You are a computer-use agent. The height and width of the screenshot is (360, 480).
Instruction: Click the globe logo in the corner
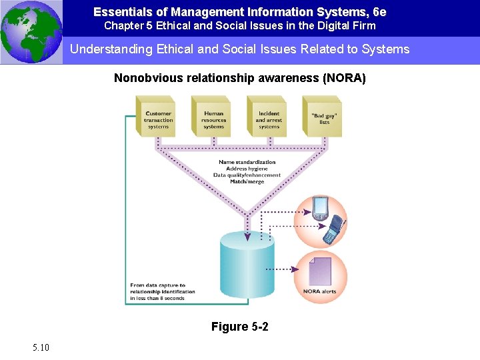[x=31, y=31]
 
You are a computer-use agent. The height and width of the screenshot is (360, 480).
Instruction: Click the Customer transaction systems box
[x=158, y=118]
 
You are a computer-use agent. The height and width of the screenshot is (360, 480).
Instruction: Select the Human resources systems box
[x=213, y=118]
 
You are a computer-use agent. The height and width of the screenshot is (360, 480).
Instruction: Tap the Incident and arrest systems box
[x=269, y=118]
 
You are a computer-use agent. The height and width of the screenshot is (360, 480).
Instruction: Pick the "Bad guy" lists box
[x=324, y=118]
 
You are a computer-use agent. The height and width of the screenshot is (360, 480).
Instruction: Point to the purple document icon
[x=321, y=271]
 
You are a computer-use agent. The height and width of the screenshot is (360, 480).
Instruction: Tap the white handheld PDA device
[x=320, y=207]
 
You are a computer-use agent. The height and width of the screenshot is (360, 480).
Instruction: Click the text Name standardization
[x=247, y=162]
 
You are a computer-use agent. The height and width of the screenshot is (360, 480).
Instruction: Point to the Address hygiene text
[x=247, y=169]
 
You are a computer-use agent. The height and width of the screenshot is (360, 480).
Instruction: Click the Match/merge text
[x=247, y=181]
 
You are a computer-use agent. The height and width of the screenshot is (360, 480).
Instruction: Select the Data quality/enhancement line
[x=247, y=175]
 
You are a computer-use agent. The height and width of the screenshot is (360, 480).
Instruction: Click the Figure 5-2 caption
[x=240, y=326]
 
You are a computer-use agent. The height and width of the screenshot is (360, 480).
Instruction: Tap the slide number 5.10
[x=39, y=347]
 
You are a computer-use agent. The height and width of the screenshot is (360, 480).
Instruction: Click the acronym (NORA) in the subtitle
[x=344, y=78]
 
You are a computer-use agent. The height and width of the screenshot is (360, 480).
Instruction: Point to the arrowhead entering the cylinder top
[x=247, y=237]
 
